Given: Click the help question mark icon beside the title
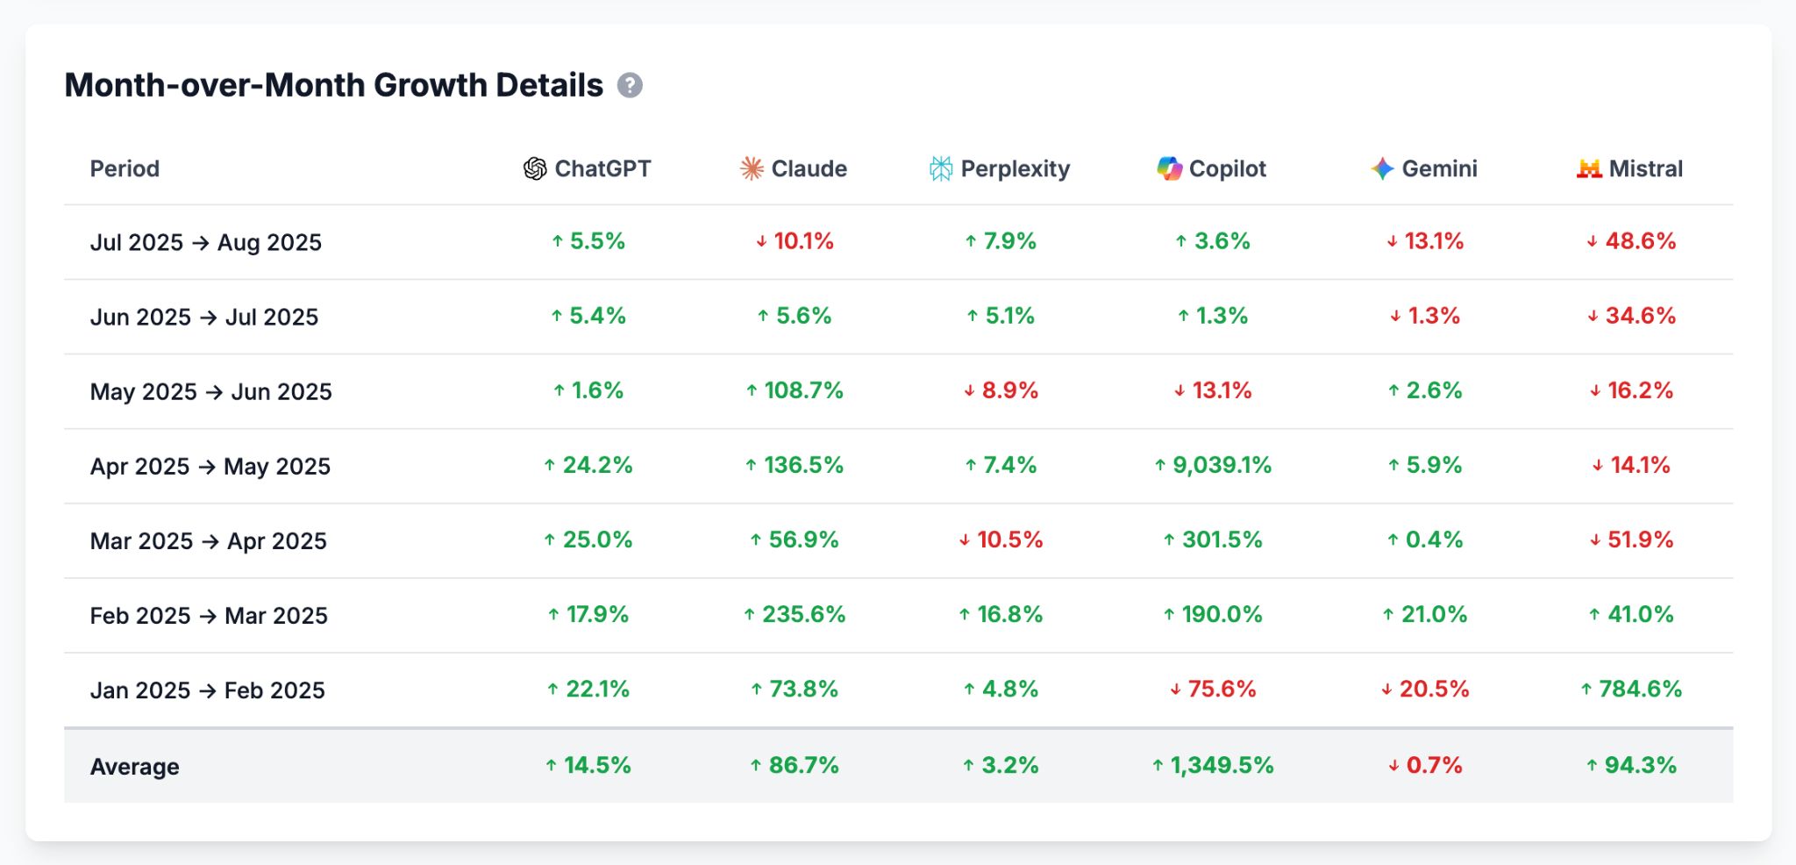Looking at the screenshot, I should tap(630, 85).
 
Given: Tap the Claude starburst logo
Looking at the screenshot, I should tap(752, 168).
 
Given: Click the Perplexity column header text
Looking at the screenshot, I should tap(1015, 168).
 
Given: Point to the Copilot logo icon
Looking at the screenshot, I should tap(1169, 168).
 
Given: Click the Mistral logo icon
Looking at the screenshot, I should tap(1588, 168).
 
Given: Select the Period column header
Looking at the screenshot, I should tap(125, 168).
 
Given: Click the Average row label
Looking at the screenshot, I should tap(134, 767).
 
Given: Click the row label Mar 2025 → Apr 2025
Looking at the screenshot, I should tap(208, 541).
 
